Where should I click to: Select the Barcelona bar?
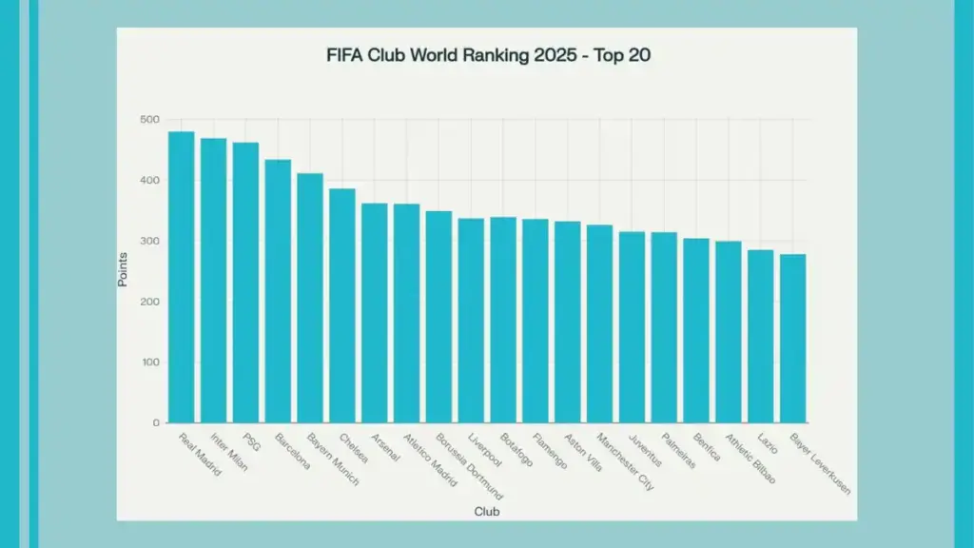[278, 291]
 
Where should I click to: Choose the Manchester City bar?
[599, 323]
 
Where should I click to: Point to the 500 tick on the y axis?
[150, 120]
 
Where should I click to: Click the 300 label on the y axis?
[150, 242]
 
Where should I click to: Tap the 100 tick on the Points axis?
[150, 362]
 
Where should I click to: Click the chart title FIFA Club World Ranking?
[487, 56]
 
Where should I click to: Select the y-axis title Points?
[123, 270]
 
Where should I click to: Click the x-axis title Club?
[487, 512]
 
